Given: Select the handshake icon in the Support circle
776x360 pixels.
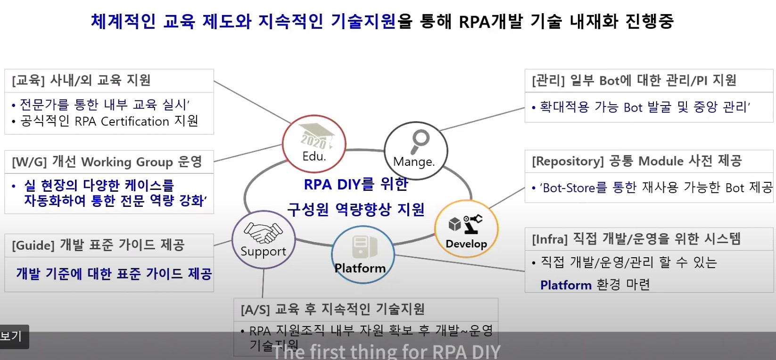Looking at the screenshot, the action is (x=263, y=232).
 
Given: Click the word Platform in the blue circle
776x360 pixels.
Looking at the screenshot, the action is (x=360, y=268).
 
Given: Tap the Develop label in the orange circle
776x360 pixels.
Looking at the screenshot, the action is (x=466, y=244).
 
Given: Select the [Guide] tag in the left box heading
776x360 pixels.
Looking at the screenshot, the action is (x=33, y=245).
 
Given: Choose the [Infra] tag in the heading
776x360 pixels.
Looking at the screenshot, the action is (x=549, y=239).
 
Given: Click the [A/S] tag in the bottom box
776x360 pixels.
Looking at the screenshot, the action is (x=255, y=310).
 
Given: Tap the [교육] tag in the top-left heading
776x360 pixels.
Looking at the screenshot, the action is (x=28, y=81).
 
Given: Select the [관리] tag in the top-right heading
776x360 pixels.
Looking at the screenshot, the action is (x=548, y=81).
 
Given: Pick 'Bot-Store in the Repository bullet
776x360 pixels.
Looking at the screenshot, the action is (x=568, y=188).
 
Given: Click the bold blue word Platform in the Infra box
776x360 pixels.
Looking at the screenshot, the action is (x=566, y=285).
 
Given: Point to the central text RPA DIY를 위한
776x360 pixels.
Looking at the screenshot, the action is (x=356, y=184).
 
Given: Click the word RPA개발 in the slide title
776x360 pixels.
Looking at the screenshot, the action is (x=490, y=21).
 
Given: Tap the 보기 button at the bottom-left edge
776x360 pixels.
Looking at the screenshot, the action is (x=12, y=336).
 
